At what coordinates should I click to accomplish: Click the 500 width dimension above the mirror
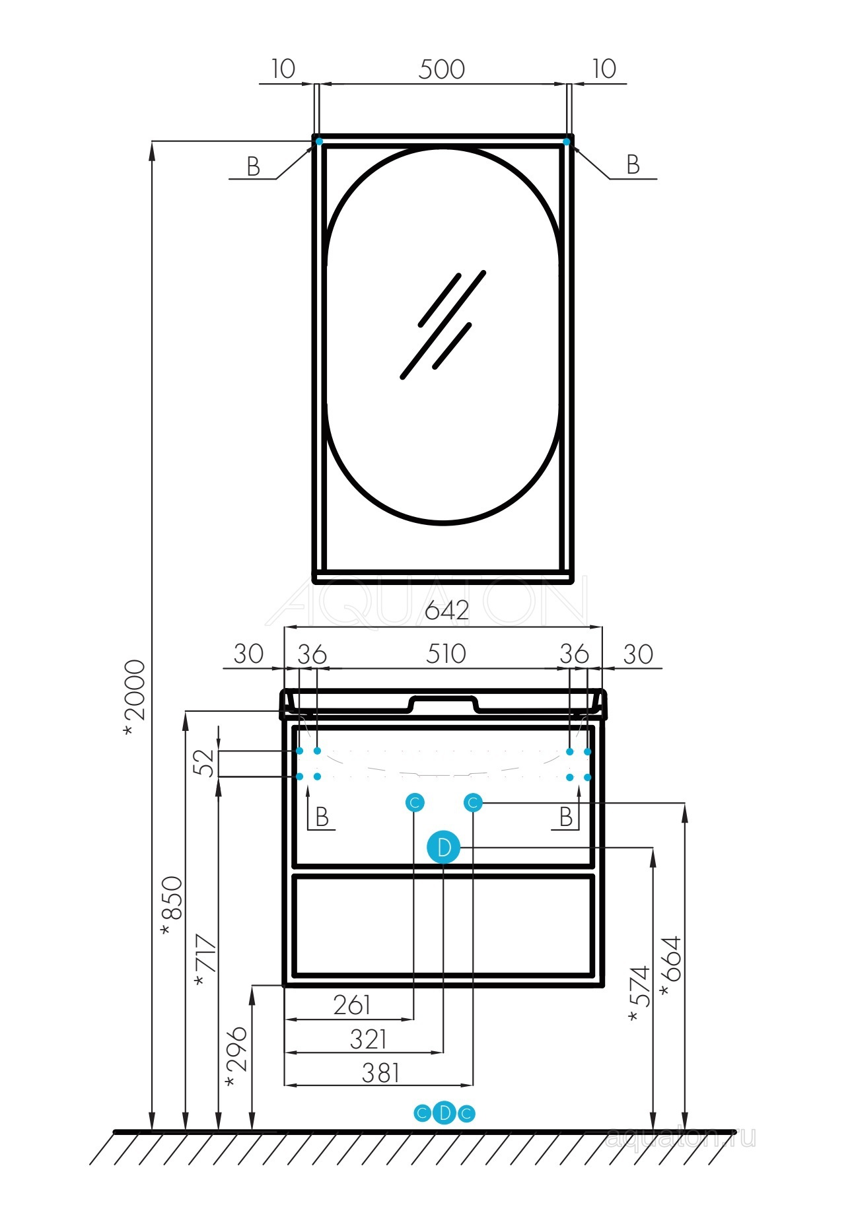coord(441,69)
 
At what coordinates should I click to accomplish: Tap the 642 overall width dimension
coord(446,610)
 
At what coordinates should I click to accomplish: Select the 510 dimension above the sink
coord(446,654)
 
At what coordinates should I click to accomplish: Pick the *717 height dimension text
coord(206,961)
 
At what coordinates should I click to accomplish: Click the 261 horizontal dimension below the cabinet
coord(351,1005)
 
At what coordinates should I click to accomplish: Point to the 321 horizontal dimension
coord(368,1039)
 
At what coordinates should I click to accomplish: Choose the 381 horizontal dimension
coord(380,1073)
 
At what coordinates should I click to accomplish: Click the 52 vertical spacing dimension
coord(207,763)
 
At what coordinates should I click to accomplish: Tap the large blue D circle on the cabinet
coord(444,847)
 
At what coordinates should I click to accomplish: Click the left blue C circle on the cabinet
coord(414,803)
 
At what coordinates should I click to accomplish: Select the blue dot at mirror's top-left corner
coord(319,141)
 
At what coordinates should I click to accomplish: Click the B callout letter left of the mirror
coord(253,166)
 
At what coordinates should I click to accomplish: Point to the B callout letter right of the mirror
coord(633,164)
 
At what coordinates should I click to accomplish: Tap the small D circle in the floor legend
coord(444,1113)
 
